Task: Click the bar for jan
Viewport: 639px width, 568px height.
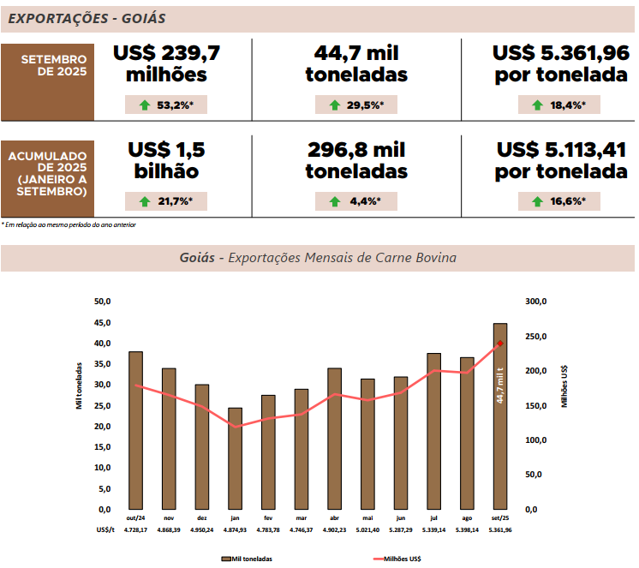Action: [x=235, y=458]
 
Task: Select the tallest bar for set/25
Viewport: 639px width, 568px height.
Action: [x=500, y=416]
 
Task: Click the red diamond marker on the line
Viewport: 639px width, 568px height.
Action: [x=500, y=344]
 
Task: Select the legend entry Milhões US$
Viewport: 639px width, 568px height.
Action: [x=397, y=558]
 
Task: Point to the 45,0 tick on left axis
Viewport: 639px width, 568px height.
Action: [x=104, y=322]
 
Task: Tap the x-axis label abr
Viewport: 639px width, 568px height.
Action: [x=334, y=518]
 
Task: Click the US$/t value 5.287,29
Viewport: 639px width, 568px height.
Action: [x=401, y=530]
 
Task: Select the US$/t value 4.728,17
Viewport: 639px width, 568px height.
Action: [x=135, y=530]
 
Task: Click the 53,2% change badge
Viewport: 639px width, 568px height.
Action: [x=166, y=105]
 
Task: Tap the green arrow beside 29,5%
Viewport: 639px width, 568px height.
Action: [x=334, y=105]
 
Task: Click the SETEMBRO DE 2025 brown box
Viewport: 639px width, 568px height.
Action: [x=48, y=65]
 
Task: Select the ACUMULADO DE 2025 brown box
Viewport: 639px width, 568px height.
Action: [x=48, y=174]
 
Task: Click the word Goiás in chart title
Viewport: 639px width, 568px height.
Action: [x=197, y=257]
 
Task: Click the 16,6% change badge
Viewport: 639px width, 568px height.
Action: [x=558, y=201]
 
